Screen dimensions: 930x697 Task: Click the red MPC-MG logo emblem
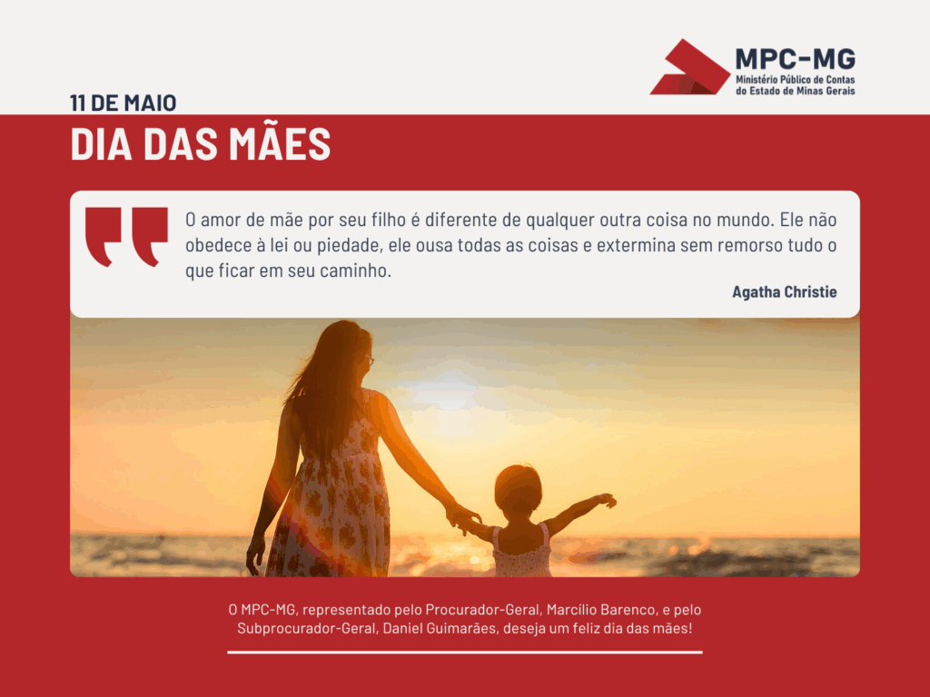pyautogui.click(x=691, y=68)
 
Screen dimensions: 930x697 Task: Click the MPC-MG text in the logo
pyautogui.click(x=796, y=59)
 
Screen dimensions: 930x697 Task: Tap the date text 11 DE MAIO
pyautogui.click(x=123, y=103)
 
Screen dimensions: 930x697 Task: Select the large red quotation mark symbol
pyautogui.click(x=126, y=237)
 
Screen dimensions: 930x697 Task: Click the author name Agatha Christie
pyautogui.click(x=784, y=291)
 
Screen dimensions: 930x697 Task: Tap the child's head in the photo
pyautogui.click(x=518, y=492)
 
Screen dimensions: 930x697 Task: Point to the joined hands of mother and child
pyautogui.click(x=462, y=516)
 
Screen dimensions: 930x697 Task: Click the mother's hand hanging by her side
pyautogui.click(x=255, y=555)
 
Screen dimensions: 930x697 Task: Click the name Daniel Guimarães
pyautogui.click(x=439, y=628)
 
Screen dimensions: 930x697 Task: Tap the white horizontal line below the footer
pyautogui.click(x=465, y=653)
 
